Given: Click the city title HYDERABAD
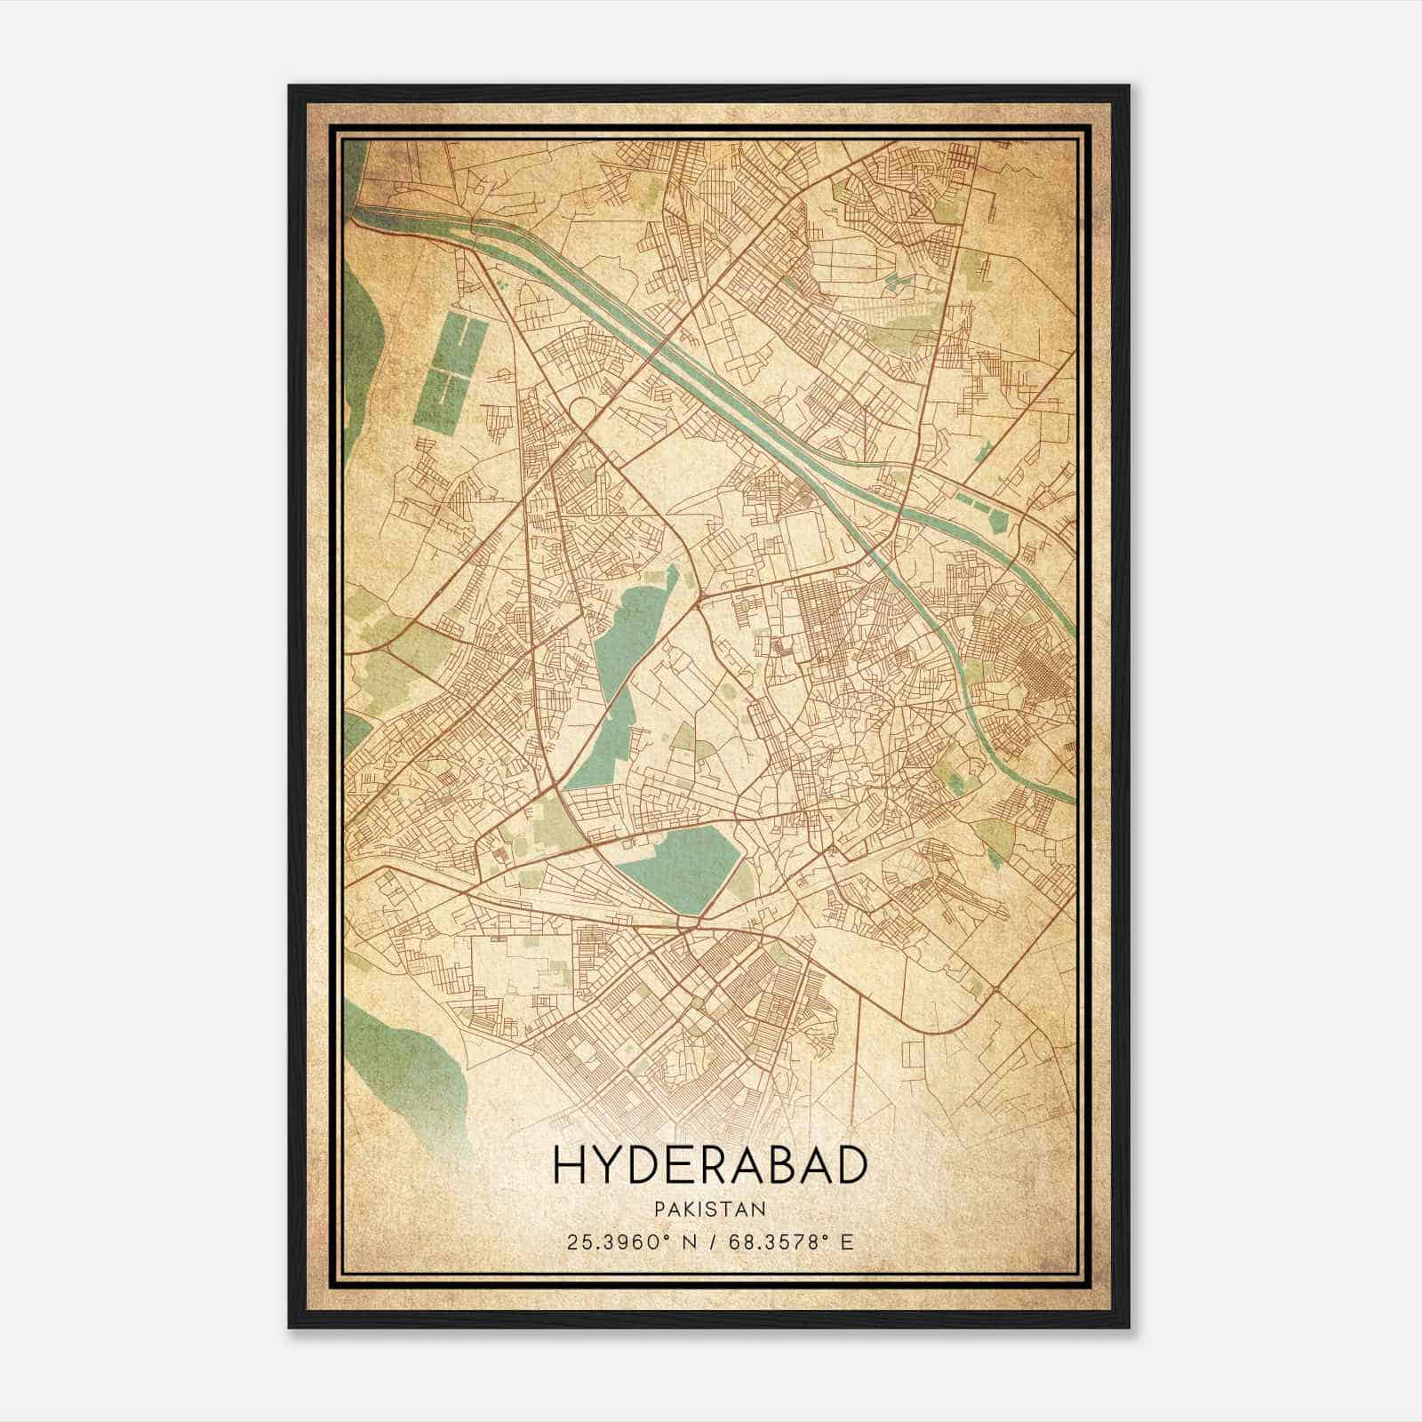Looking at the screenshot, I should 709,1165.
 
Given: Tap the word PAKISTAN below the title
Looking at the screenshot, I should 709,1209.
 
